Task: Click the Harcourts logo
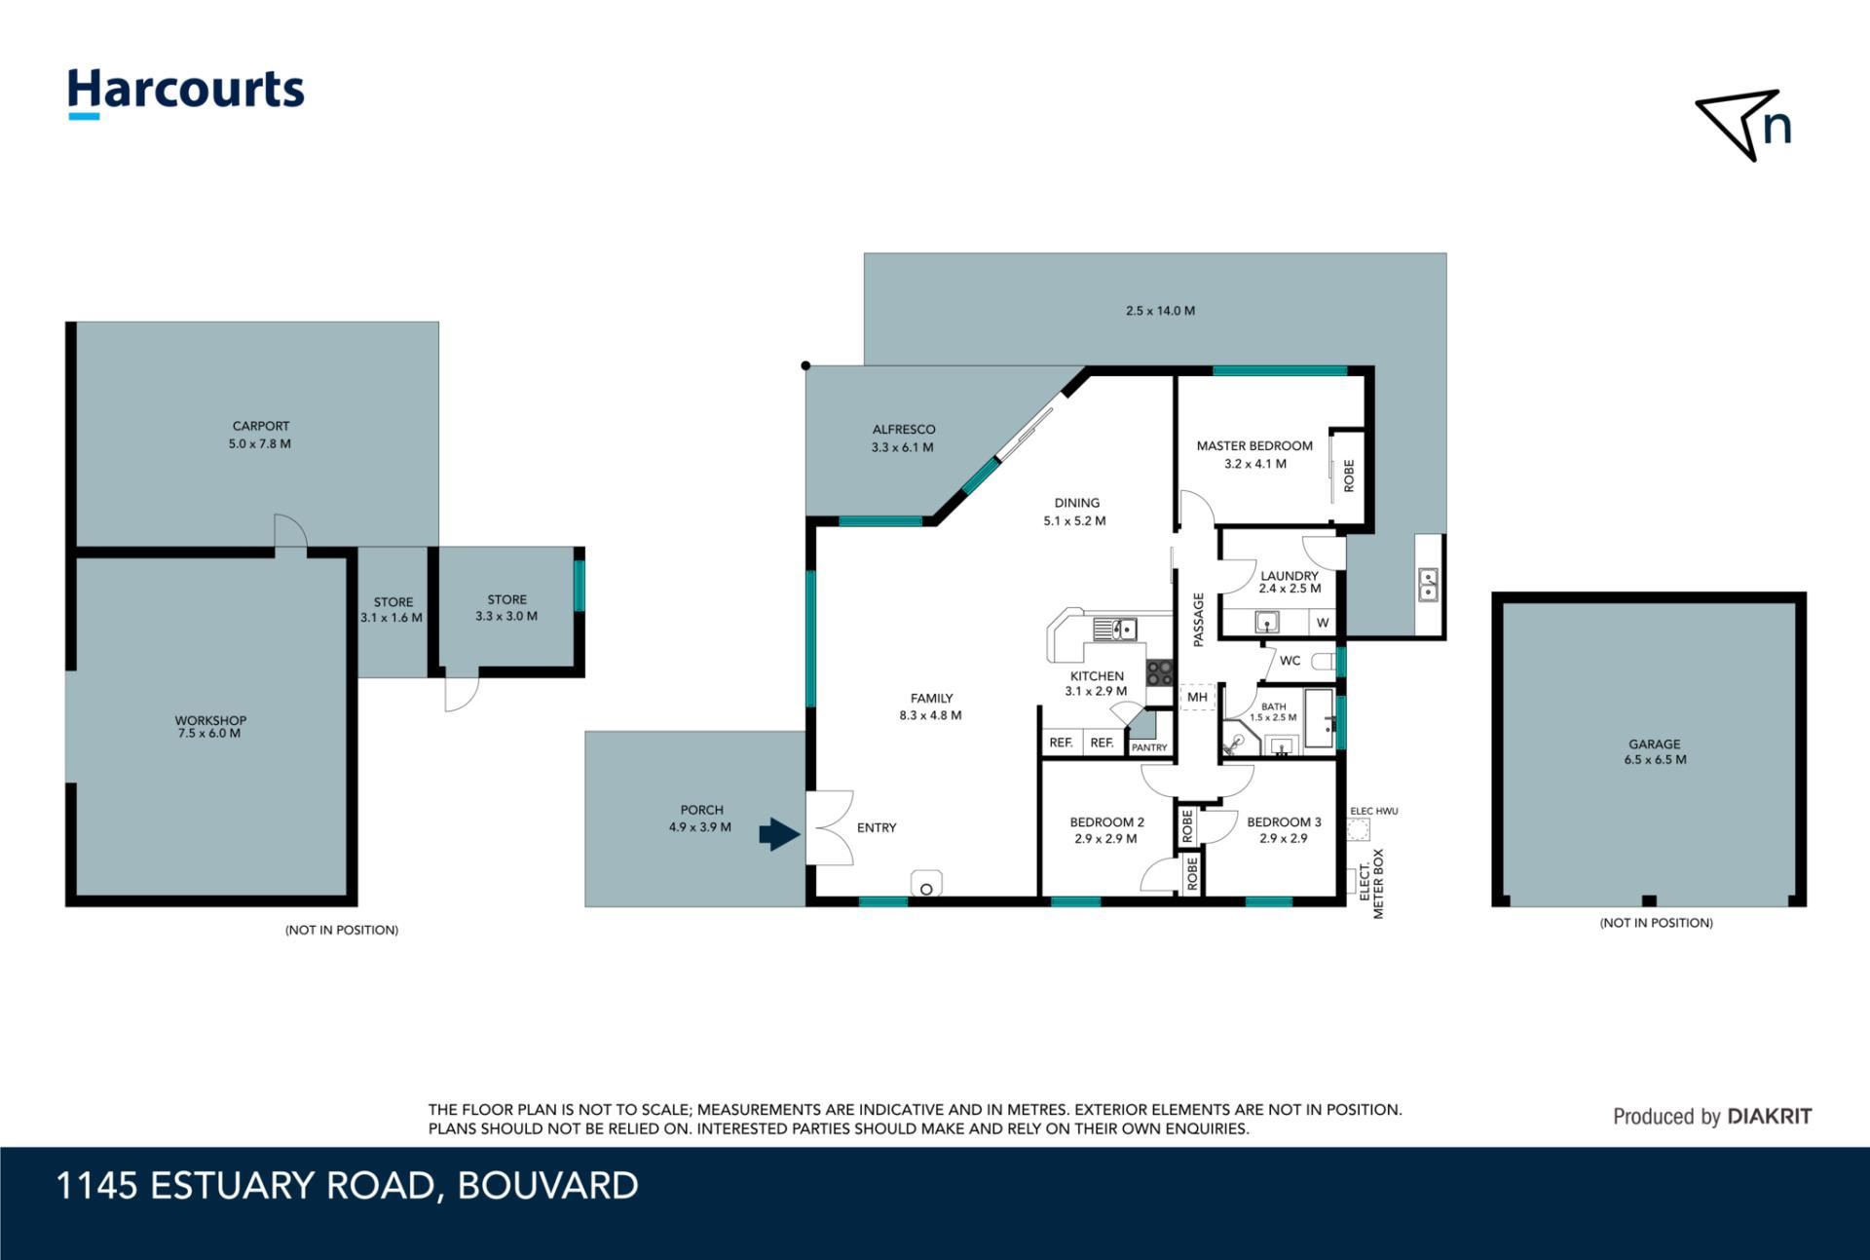point(185,93)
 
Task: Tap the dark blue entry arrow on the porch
point(779,834)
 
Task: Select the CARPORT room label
point(261,426)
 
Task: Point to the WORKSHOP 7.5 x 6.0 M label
point(210,727)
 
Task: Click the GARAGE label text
point(1655,744)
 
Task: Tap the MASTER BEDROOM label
point(1254,445)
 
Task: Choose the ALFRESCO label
point(904,429)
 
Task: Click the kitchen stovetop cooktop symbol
point(1160,672)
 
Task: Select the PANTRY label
point(1149,747)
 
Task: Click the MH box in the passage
point(1197,697)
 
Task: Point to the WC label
point(1290,661)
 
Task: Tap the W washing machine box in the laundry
point(1322,623)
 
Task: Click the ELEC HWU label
point(1374,811)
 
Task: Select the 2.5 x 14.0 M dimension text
point(1160,311)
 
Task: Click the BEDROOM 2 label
point(1106,821)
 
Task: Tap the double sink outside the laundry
point(1428,585)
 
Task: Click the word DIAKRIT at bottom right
point(1770,1117)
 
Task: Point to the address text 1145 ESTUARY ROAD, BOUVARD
point(348,1186)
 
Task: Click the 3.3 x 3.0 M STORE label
point(506,608)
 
